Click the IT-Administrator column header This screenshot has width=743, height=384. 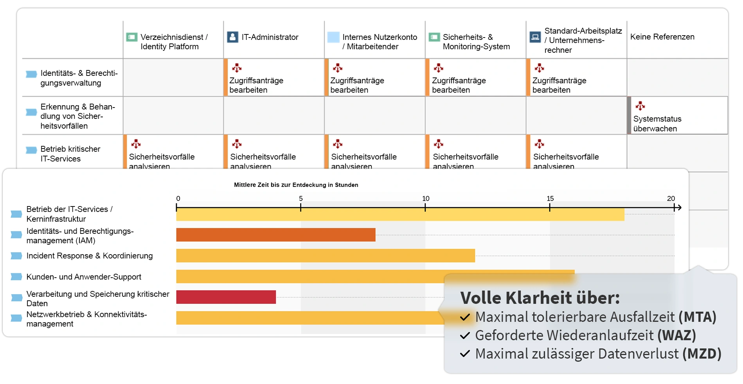270,37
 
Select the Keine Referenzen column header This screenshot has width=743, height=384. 662,37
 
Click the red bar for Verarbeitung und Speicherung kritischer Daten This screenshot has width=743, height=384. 226,297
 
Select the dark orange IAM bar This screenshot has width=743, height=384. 275,235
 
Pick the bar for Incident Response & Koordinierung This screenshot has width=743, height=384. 325,256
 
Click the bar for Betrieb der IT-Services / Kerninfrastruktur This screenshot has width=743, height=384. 400,215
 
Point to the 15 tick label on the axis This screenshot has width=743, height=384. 550,199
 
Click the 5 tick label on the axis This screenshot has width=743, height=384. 300,199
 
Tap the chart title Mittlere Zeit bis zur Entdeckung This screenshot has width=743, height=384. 296,185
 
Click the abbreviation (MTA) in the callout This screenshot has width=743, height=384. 697,317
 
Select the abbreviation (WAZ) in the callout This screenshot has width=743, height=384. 676,336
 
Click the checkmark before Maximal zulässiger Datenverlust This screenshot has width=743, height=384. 465,354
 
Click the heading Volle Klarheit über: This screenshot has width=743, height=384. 540,298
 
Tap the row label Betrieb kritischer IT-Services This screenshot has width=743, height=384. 70,154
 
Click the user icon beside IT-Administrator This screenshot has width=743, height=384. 232,37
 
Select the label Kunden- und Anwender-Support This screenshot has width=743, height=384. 84,277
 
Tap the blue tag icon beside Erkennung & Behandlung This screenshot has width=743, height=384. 31,112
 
